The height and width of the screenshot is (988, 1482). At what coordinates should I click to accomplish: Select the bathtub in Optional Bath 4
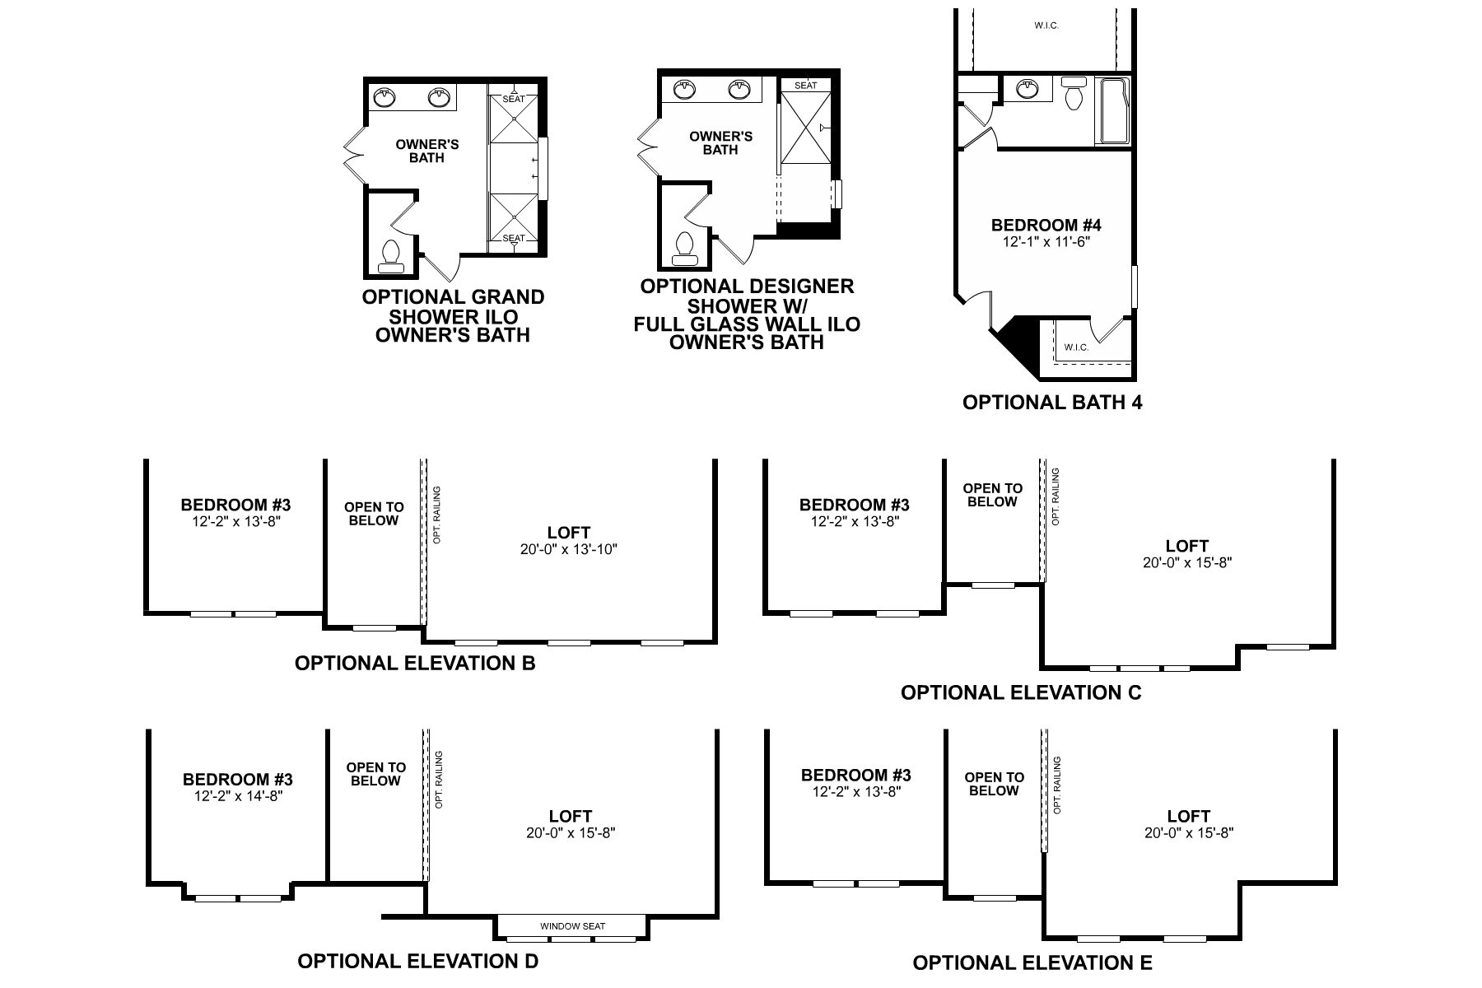pyautogui.click(x=1113, y=111)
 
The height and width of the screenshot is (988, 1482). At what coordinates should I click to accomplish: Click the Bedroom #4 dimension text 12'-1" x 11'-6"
pyautogui.click(x=1046, y=242)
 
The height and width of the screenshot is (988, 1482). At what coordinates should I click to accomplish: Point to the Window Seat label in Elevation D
pyautogui.click(x=572, y=926)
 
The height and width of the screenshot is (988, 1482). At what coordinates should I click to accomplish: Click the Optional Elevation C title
pyautogui.click(x=1021, y=692)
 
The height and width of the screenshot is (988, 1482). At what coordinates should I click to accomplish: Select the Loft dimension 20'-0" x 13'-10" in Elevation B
pyautogui.click(x=569, y=549)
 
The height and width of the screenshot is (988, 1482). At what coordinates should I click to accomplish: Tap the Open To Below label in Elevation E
pyautogui.click(x=994, y=784)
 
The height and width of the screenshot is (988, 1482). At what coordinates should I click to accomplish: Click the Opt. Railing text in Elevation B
pyautogui.click(x=437, y=515)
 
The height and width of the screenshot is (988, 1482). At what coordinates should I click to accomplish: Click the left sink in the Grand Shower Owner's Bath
pyautogui.click(x=384, y=99)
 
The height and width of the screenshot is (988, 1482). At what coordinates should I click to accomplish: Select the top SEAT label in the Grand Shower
pyautogui.click(x=513, y=100)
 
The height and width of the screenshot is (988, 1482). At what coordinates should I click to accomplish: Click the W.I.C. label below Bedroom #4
pyautogui.click(x=1075, y=347)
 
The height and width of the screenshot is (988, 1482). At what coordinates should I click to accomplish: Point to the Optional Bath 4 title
pyautogui.click(x=1052, y=403)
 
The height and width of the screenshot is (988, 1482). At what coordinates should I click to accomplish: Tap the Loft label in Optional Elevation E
pyautogui.click(x=1188, y=816)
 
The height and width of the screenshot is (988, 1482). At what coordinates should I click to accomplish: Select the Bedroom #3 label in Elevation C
pyautogui.click(x=854, y=505)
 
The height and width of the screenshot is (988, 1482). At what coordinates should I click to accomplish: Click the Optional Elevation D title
pyautogui.click(x=417, y=961)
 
